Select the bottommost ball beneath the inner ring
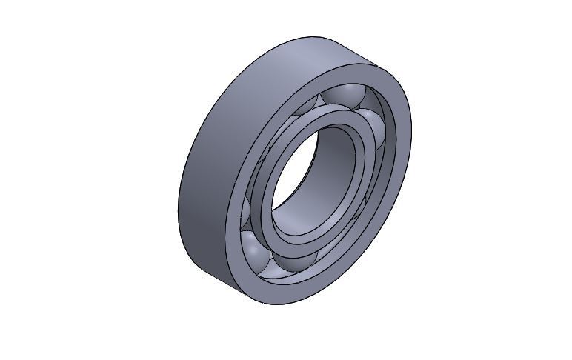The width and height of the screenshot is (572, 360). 295,264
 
